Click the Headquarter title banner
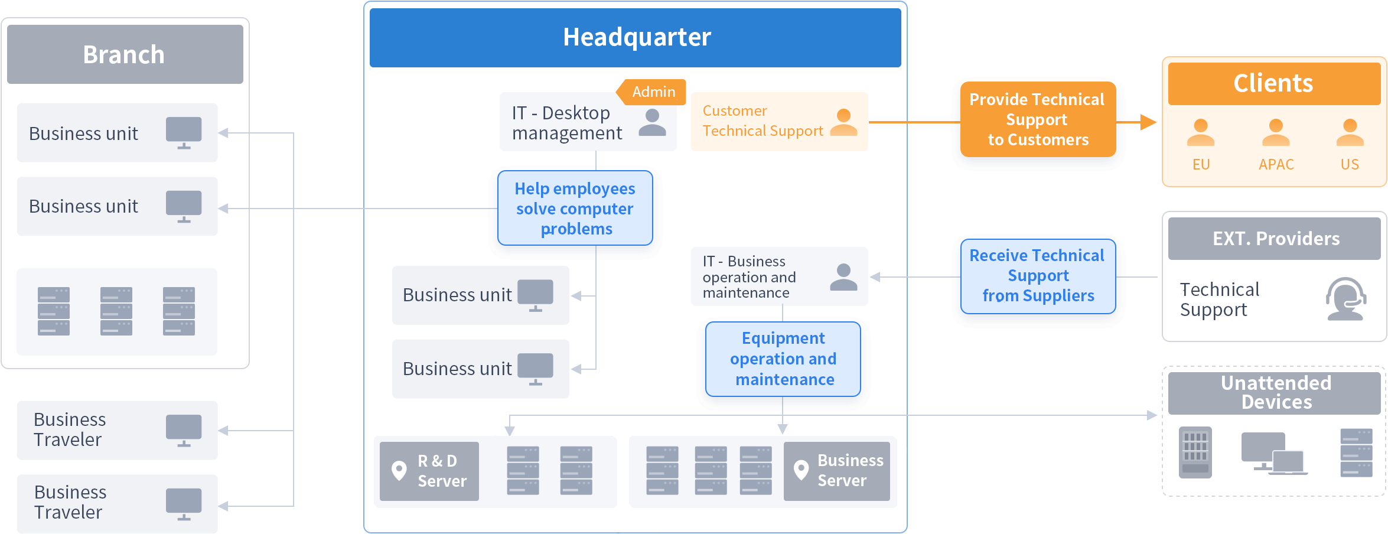(x=635, y=38)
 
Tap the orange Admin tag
(x=651, y=92)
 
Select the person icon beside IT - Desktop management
(x=652, y=122)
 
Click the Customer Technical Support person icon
(x=843, y=122)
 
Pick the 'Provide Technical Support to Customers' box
(x=1038, y=119)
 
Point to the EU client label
(x=1201, y=164)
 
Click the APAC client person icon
(x=1276, y=132)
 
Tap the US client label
(x=1350, y=164)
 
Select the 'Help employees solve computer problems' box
(x=575, y=208)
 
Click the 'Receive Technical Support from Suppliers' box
(x=1038, y=276)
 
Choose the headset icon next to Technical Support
(x=1345, y=299)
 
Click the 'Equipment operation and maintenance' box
(x=783, y=359)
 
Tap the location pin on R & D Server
(x=399, y=471)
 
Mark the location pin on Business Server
(x=801, y=471)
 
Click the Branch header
(x=125, y=54)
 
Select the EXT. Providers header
(x=1275, y=239)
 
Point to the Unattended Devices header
(x=1275, y=393)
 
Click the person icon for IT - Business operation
(x=843, y=277)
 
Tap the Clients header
(x=1275, y=84)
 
